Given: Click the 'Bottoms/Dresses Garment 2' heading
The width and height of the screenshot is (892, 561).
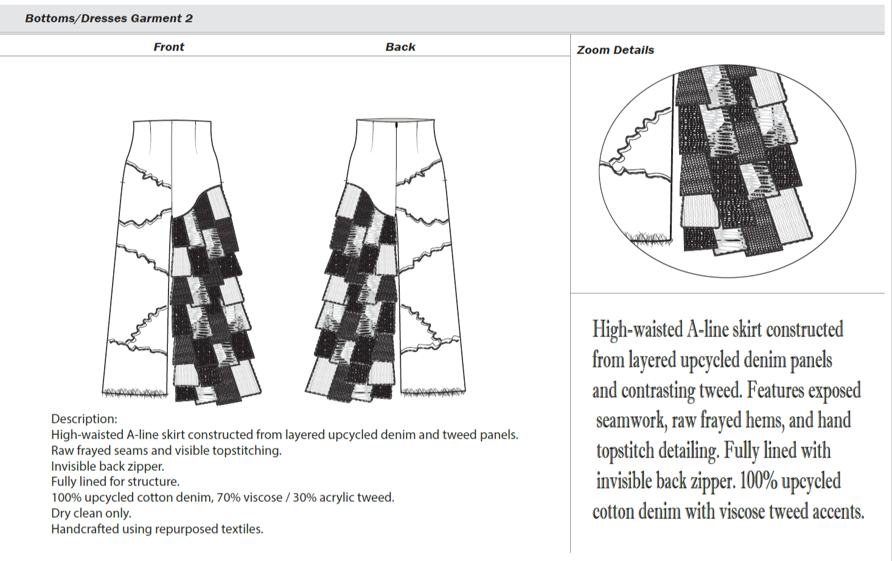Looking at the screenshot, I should coord(109,18).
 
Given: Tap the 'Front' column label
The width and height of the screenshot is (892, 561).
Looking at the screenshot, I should coord(169,47).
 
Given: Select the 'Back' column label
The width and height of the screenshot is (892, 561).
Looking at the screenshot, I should coord(400,47).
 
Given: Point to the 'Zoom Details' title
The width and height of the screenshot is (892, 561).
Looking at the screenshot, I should coord(615,50).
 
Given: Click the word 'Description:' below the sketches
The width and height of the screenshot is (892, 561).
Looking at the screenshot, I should coord(84,419).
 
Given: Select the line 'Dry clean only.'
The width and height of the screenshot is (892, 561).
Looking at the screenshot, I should coord(91,513).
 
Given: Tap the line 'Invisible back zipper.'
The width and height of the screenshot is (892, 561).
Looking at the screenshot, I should coord(108,466).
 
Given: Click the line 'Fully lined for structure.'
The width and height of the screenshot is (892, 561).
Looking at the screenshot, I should coord(116,481).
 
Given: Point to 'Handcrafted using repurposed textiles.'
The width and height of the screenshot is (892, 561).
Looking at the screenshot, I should coord(157,529).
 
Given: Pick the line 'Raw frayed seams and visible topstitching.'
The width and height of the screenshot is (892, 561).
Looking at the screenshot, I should coord(166,450).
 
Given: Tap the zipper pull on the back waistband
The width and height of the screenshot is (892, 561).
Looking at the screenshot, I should coord(397,125).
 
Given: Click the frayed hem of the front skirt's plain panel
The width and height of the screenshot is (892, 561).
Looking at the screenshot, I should coord(134,392).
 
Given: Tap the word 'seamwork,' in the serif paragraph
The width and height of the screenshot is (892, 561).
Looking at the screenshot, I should coord(630,420).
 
